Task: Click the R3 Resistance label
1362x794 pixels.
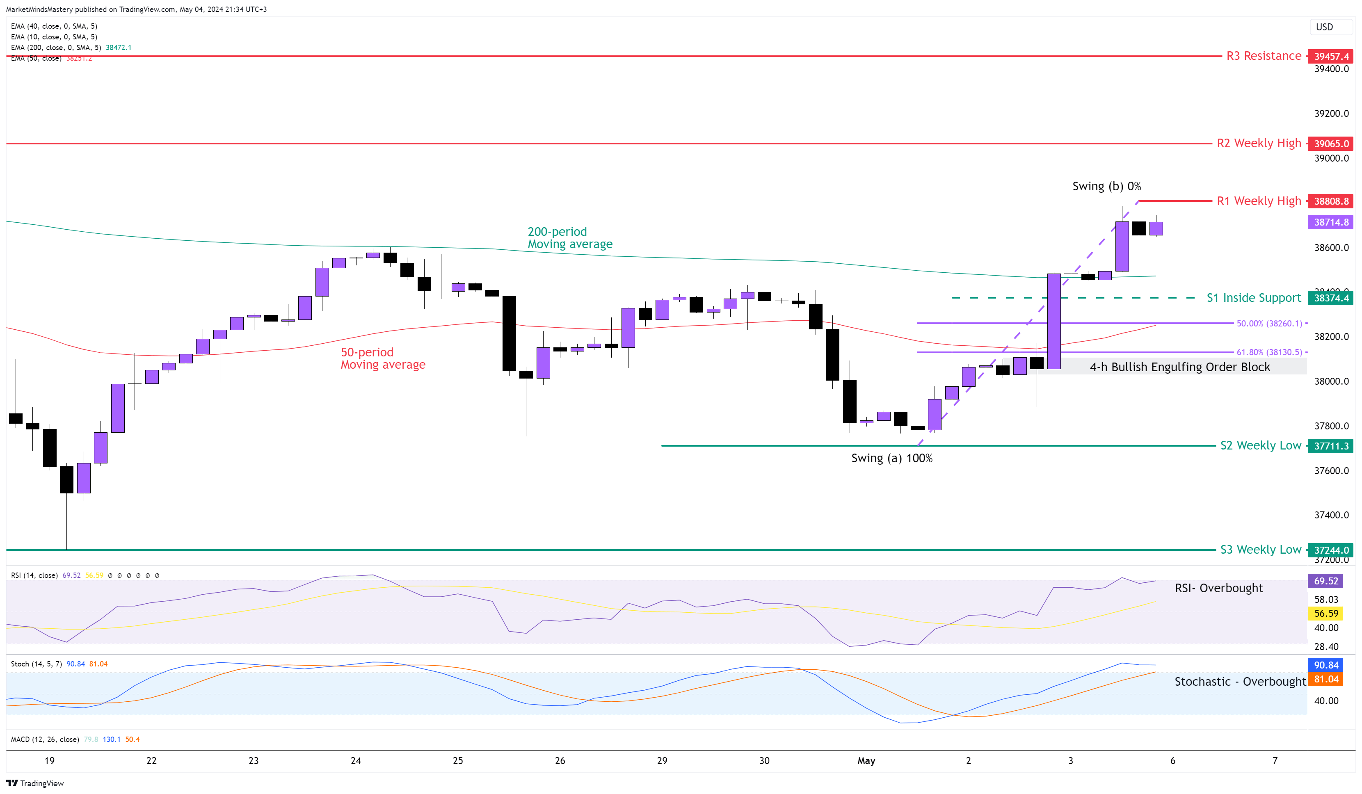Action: click(1263, 56)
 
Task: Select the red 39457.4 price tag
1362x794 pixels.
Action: click(1331, 56)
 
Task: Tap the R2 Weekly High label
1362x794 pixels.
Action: click(1258, 143)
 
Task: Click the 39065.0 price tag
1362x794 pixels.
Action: click(1331, 144)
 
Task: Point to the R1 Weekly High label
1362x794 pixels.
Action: click(1258, 201)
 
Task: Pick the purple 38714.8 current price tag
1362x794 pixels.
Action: click(1331, 222)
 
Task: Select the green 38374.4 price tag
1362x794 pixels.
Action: click(1331, 298)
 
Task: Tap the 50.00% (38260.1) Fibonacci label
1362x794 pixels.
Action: click(1269, 323)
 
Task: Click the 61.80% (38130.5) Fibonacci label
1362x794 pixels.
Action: click(1269, 352)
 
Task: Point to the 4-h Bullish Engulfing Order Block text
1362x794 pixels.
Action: click(1179, 367)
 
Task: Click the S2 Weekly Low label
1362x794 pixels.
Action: click(1260, 445)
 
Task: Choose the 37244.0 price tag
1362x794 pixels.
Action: click(1331, 550)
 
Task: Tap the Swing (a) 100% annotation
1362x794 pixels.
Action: click(892, 459)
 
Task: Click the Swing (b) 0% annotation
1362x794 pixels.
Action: click(1106, 187)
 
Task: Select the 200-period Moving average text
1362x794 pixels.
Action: click(570, 238)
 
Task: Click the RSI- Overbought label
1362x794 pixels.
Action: click(1218, 588)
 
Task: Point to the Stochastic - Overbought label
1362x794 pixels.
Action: click(1240, 682)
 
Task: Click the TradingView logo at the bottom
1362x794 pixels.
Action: click(35, 783)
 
